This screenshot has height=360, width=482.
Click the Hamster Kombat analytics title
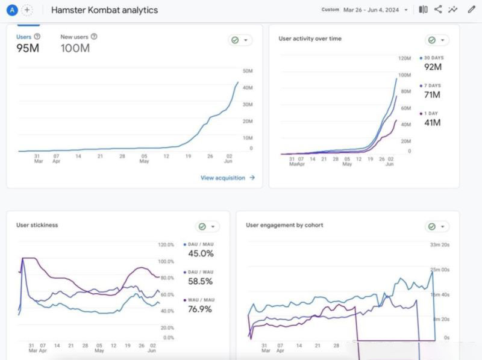click(x=105, y=10)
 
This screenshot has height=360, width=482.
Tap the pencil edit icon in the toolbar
click(x=471, y=10)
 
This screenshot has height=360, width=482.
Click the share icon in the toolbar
click(x=438, y=10)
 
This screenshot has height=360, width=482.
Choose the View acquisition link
click(x=227, y=178)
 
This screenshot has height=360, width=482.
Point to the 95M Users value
click(x=28, y=48)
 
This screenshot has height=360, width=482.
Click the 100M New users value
click(x=75, y=48)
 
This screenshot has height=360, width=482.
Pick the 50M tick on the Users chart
click(x=247, y=71)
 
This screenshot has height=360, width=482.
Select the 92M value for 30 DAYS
click(x=433, y=67)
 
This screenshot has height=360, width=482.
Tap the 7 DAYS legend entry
click(x=433, y=86)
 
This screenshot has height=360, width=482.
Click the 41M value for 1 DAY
click(x=432, y=123)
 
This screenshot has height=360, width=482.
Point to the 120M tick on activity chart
click(x=404, y=58)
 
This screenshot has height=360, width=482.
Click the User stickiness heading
click(x=37, y=225)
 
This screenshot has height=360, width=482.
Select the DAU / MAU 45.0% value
click(x=201, y=253)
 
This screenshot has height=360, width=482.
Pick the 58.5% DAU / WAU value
click(x=201, y=281)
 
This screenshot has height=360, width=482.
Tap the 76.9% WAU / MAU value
click(x=201, y=309)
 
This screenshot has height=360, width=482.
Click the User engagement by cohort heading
click(x=284, y=225)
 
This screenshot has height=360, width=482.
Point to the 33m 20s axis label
click(x=439, y=244)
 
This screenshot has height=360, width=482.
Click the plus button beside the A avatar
click(x=27, y=10)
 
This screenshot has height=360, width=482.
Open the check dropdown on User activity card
click(x=437, y=40)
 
